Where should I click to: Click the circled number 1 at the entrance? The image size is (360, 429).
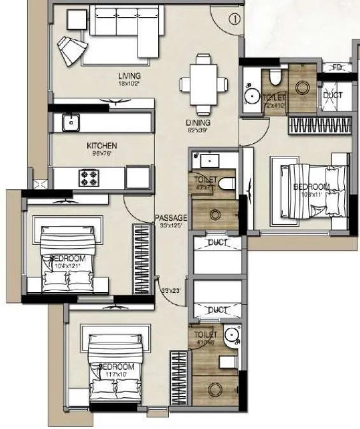click(x=235, y=19)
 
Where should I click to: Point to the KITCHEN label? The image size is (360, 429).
click(x=102, y=146)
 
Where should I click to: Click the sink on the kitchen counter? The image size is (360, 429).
click(x=69, y=121)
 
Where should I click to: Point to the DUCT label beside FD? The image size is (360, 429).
click(x=333, y=95)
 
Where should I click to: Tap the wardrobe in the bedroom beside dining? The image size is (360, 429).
click(x=319, y=125)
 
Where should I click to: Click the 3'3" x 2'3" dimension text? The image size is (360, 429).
click(x=171, y=291)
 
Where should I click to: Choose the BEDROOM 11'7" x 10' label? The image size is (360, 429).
click(x=117, y=367)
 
